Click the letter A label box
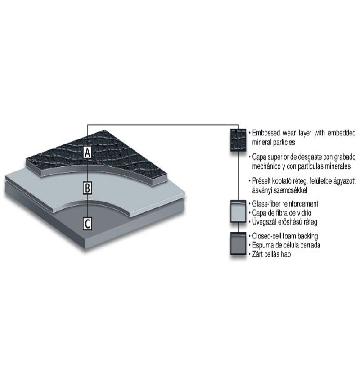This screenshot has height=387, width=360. (87, 152)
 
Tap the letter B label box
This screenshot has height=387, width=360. (87, 188)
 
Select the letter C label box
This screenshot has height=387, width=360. (87, 224)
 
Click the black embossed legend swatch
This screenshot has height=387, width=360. (238, 140)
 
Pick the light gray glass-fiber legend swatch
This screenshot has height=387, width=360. (238, 211)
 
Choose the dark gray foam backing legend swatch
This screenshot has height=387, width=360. (238, 243)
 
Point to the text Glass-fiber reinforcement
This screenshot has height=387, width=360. (285, 204)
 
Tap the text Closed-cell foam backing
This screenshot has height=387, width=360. (285, 236)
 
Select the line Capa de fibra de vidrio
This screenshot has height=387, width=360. (282, 213)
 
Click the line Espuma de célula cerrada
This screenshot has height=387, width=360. (286, 245)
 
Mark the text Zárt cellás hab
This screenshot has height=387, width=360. (271, 254)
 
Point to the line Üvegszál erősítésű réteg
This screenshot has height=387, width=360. (284, 222)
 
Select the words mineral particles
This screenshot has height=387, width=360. (274, 142)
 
